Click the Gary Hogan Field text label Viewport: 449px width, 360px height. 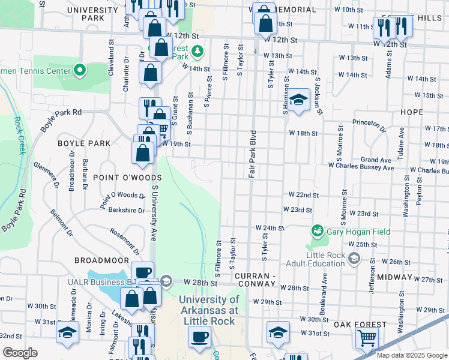coord(358,232)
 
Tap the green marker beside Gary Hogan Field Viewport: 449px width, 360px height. coord(316,230)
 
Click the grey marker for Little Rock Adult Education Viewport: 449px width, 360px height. coord(354,258)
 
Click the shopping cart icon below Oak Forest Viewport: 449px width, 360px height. coord(366,337)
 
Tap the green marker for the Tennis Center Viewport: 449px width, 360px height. coord(81,71)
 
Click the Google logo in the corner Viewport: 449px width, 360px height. coord(20,353)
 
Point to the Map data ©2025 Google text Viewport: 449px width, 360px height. coord(412,355)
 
